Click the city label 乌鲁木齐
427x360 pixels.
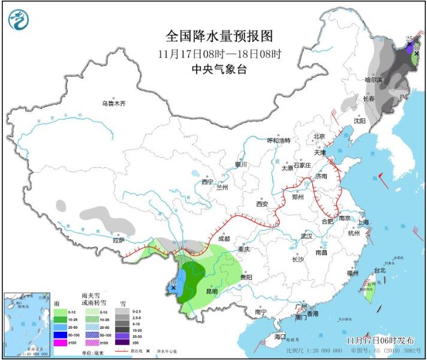(x=113, y=103)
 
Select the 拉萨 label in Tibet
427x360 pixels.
(x=118, y=240)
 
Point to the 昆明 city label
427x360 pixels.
(x=212, y=292)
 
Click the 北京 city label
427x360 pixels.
(x=318, y=137)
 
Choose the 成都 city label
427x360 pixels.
(x=224, y=238)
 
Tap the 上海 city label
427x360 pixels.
(x=362, y=223)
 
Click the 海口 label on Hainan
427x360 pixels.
(x=280, y=337)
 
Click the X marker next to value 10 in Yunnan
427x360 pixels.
(x=173, y=288)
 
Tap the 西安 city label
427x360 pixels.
(x=263, y=204)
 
